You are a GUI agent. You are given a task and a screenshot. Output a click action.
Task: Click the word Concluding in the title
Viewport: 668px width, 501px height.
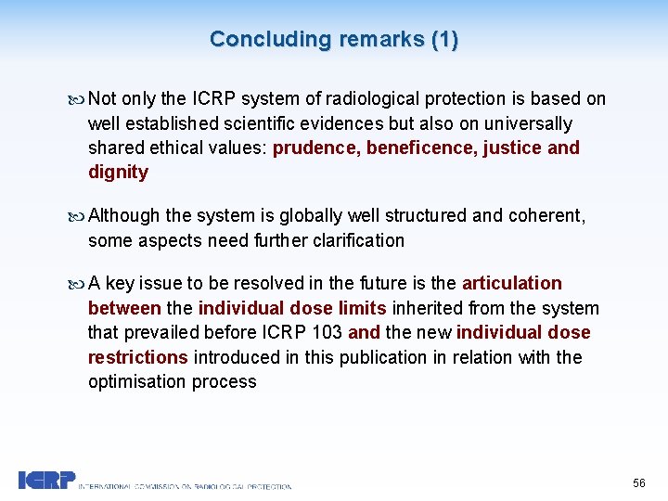270,39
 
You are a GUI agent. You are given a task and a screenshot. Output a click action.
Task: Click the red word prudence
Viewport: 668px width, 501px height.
315,148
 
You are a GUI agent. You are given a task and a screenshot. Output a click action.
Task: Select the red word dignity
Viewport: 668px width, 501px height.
118,172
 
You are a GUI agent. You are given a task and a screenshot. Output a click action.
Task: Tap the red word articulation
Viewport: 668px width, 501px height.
511,283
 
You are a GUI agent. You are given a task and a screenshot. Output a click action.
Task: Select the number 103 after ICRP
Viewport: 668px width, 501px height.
328,332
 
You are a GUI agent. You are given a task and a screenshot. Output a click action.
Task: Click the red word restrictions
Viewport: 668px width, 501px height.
137,357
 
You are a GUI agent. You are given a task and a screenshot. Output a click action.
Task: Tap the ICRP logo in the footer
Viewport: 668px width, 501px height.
46,480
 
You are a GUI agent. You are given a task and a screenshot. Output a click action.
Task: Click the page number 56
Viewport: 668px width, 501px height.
638,483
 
